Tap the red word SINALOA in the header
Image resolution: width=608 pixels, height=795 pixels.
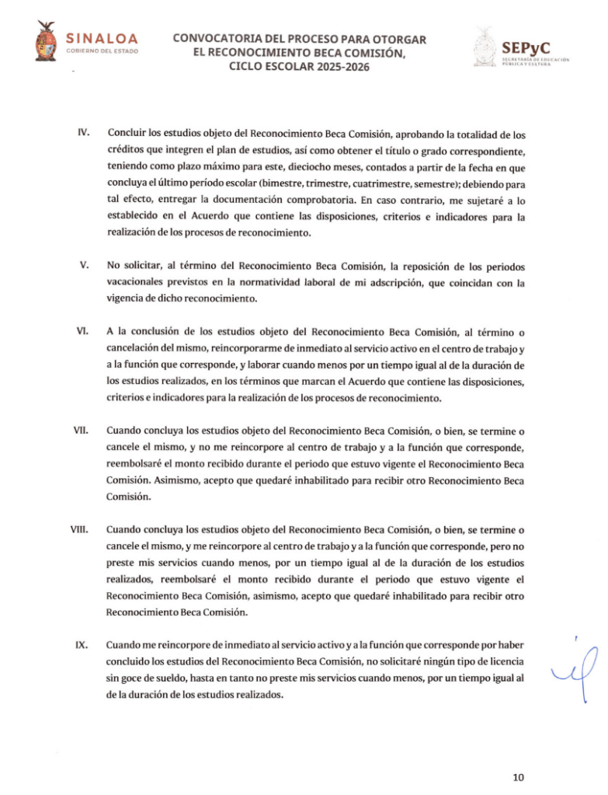[x=102, y=38]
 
